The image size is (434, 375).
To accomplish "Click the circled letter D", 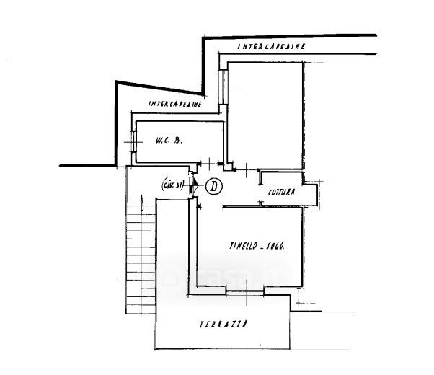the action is pos(213,186).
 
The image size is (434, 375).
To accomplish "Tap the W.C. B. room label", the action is pos(168,142).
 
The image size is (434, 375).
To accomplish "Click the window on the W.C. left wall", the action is pos(134,142).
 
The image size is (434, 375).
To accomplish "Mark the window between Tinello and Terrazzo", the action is pos(245,291).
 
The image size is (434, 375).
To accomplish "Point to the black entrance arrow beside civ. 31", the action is pos(193,187).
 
